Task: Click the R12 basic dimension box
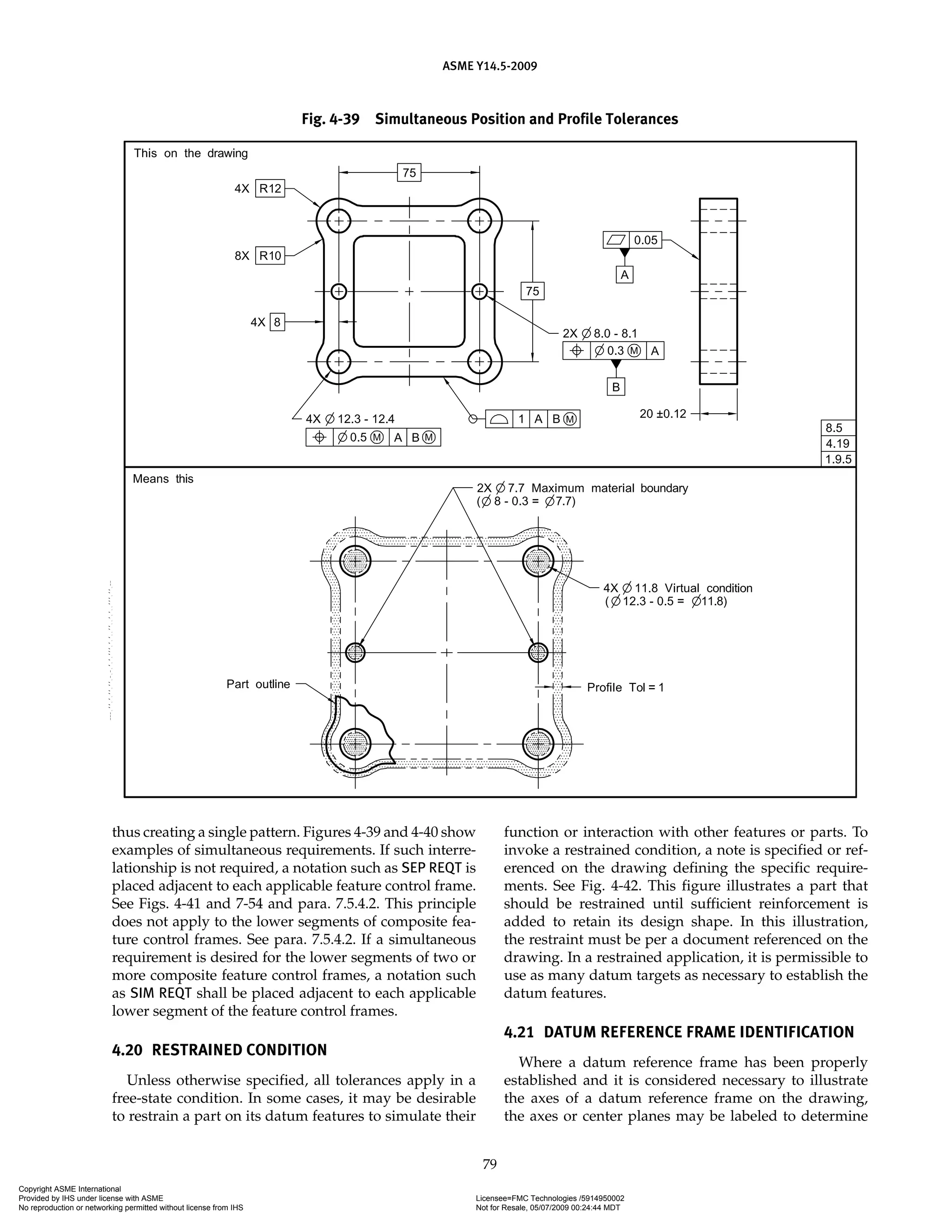pos(270,188)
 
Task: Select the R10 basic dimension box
pos(270,256)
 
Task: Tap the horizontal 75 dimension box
pos(410,172)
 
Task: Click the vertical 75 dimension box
pos(532,291)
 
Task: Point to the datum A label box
pos(624,275)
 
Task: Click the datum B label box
pos(616,387)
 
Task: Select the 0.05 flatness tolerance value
pos(645,240)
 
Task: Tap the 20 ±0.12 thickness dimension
pos(663,414)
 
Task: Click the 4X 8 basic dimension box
pos(277,322)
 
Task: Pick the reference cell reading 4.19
pos(838,444)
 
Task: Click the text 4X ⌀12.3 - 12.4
pos(350,418)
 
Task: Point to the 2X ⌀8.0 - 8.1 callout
pos(600,333)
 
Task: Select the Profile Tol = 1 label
pos(625,687)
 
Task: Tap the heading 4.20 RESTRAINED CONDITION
pos(219,1050)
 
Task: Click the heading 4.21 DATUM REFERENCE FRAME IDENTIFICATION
pos(679,1032)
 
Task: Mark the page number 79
pos(489,1163)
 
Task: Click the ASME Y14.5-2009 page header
pos(489,66)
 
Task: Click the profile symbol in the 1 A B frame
pos(499,418)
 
